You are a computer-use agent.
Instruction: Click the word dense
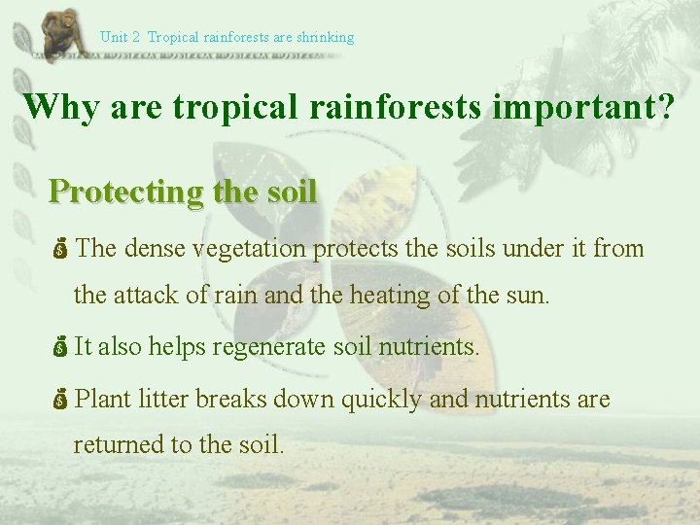[x=154, y=249]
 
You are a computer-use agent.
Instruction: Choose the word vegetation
[x=249, y=249]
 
